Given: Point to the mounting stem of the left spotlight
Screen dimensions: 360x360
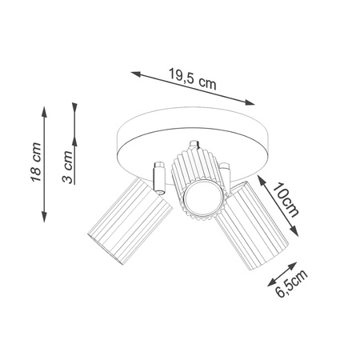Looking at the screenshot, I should [x=157, y=178].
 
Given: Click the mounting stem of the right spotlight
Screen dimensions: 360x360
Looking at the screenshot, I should [x=225, y=173].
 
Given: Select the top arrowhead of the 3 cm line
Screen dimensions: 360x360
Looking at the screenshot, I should [x=74, y=105].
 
